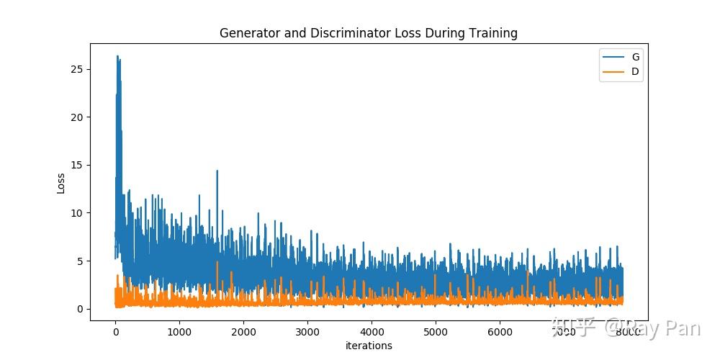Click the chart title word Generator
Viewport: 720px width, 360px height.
point(246,33)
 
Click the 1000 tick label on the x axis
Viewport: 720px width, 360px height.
point(179,332)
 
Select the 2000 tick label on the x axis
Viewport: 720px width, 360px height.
point(243,332)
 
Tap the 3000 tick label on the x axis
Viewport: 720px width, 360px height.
point(307,332)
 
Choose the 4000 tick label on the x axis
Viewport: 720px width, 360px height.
point(372,332)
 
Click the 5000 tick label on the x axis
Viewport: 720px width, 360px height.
point(436,332)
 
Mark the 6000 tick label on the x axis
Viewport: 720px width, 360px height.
point(500,332)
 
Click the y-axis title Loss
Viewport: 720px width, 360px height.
point(61,184)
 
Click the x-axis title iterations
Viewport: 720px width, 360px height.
point(369,346)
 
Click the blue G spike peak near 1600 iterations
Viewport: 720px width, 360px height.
point(217,171)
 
